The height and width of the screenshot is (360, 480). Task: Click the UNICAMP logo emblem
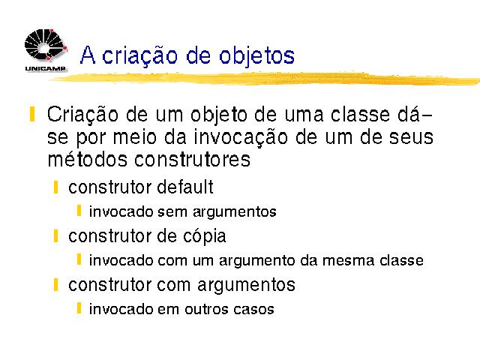[x=45, y=45]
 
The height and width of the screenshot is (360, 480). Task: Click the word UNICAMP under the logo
[x=45, y=68]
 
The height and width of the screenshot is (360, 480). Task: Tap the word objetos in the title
[x=256, y=56]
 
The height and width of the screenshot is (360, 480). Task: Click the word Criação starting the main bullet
[x=82, y=115]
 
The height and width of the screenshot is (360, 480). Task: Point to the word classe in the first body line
[x=360, y=114]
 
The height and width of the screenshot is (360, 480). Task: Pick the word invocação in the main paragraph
[x=240, y=138]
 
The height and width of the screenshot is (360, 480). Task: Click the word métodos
[x=87, y=159]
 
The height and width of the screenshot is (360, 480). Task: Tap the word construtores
[x=192, y=160]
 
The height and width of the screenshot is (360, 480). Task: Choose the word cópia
[x=205, y=237]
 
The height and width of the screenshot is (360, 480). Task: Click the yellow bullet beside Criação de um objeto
[x=32, y=114]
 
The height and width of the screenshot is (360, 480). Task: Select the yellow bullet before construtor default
[x=55, y=187]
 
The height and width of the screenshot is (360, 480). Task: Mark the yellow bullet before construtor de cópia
[x=55, y=236]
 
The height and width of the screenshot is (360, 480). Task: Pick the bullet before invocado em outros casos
[x=79, y=308]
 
